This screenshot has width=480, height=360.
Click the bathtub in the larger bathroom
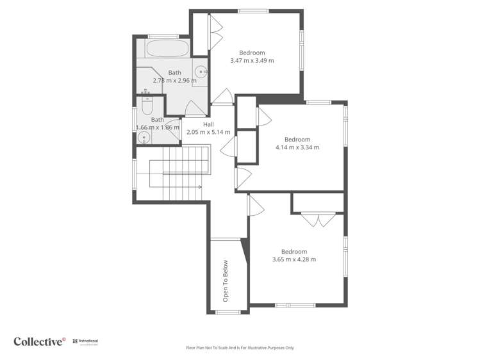click(x=167, y=49)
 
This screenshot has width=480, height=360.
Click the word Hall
click(x=208, y=124)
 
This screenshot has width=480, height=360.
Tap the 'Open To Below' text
click(x=226, y=281)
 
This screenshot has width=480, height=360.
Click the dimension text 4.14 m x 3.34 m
click(x=297, y=147)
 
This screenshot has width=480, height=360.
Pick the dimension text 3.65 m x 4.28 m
click(x=294, y=259)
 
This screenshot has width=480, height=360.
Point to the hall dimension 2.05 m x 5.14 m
click(x=208, y=132)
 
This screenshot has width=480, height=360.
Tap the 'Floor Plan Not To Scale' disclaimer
click(x=240, y=348)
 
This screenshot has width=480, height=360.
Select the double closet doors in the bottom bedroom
click(x=319, y=219)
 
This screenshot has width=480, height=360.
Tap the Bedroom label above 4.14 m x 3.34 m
click(x=297, y=140)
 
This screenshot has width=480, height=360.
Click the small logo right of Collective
click(x=85, y=341)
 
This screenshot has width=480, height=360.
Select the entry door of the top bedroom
click(x=223, y=97)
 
